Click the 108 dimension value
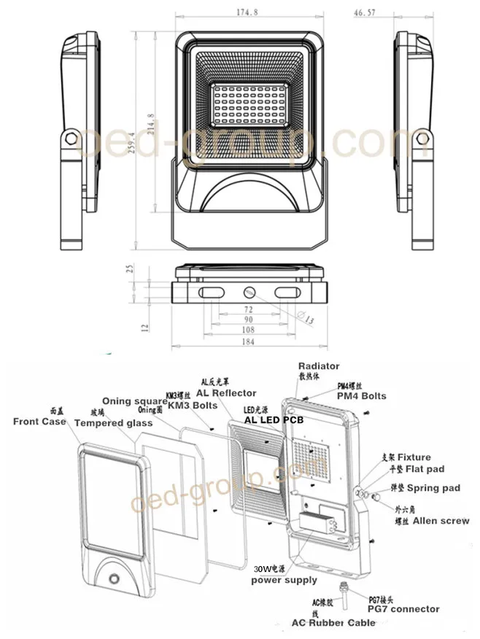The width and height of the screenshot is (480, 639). coord(249,330)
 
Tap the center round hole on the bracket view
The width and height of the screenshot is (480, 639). coord(249,292)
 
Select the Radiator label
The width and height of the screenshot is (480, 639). coord(319,366)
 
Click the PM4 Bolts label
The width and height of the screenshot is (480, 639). coord(361,396)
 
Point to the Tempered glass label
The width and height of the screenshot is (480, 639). coord(113,423)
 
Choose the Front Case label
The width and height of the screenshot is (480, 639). coord(39,422)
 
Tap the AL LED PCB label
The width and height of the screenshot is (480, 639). coord(273,421)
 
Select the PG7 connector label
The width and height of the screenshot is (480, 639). coord(404,608)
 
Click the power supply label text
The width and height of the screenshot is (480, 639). coord(284,580)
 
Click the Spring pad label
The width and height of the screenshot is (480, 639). coord(433,487)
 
